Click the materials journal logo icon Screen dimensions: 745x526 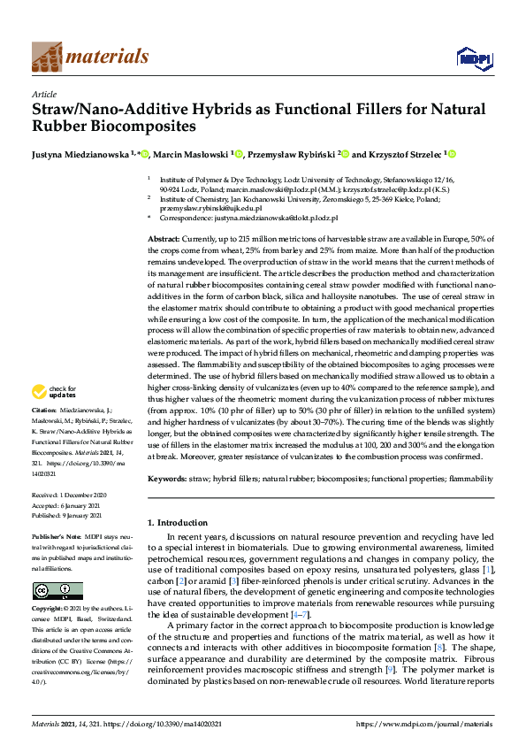click(x=47, y=57)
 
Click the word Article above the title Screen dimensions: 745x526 click(x=43, y=94)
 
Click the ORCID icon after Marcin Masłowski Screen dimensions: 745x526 click(x=238, y=154)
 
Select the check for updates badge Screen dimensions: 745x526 click(x=55, y=391)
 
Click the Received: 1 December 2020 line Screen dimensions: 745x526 click(x=70, y=495)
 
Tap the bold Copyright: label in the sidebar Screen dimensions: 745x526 click(x=48, y=610)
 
